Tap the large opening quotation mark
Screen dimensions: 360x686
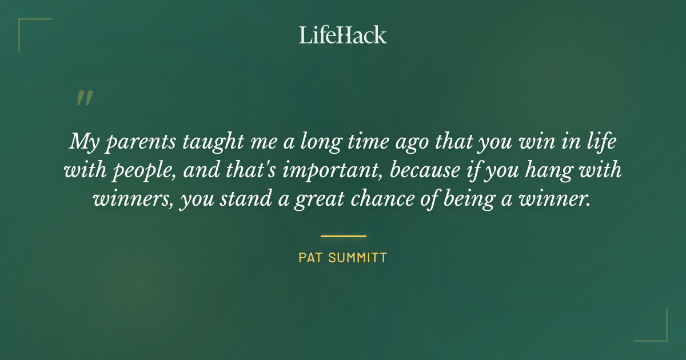[x=84, y=98]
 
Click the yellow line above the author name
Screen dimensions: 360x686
[x=343, y=236]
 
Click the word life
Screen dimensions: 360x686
[x=601, y=141]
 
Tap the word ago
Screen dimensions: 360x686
[x=406, y=143]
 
